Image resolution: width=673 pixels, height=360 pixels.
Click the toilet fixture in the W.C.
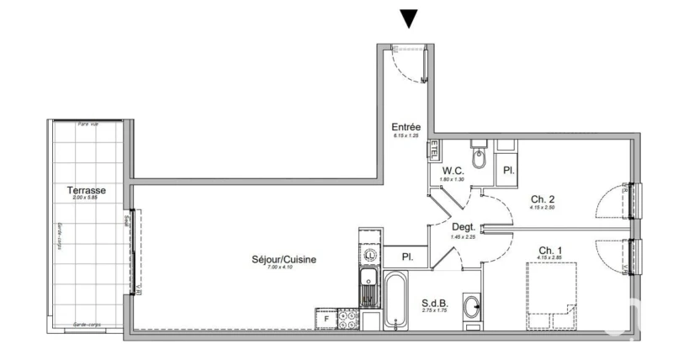tap(480, 156)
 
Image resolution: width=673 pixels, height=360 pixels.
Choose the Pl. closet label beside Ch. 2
tap(508, 170)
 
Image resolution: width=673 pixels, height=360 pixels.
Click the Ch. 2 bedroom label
tap(541, 199)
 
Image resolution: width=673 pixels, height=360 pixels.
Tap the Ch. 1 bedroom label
tap(550, 250)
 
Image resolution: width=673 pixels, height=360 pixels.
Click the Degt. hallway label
tap(464, 227)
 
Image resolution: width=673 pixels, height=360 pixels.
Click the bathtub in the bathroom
tap(396, 299)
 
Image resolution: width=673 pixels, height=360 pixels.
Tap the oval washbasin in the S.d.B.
tap(474, 307)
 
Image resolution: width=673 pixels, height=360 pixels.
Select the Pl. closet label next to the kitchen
tap(406, 257)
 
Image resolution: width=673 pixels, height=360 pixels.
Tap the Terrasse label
tap(86, 191)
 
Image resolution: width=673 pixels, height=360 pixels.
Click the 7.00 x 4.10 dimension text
tap(284, 268)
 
